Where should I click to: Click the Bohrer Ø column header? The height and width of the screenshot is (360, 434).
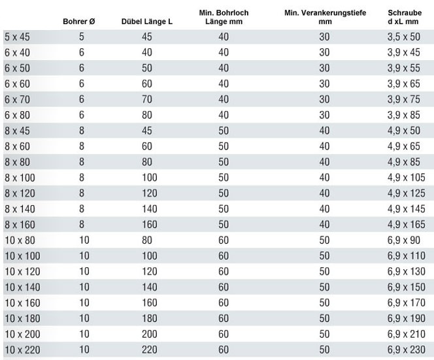(79, 22)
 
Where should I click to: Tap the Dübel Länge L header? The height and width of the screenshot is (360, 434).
(146, 22)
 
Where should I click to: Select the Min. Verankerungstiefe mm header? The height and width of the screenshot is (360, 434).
(325, 17)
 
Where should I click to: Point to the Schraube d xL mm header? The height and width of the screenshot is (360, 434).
(405, 17)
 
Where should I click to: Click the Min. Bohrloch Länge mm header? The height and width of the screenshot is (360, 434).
(224, 17)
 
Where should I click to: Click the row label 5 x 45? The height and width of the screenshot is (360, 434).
(17, 37)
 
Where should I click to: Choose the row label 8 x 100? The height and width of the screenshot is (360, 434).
(20, 178)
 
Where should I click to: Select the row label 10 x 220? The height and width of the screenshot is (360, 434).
(22, 350)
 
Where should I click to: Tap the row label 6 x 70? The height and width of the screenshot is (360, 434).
(17, 99)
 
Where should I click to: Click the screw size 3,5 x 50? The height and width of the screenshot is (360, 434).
(404, 37)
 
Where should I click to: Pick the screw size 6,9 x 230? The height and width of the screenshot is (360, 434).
(407, 350)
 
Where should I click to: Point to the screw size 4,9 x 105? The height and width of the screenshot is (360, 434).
(407, 178)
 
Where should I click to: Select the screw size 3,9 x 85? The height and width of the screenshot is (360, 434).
(404, 115)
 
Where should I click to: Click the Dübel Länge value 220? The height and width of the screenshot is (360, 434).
(150, 350)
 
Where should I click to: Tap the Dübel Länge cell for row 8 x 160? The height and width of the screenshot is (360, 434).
(150, 224)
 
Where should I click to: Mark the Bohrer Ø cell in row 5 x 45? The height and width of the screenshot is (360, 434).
(81, 37)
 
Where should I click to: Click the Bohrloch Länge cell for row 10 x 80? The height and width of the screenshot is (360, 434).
(224, 240)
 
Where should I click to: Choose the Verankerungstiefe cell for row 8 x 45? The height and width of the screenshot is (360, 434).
(324, 131)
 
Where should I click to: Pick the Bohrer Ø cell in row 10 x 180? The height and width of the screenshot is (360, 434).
(84, 318)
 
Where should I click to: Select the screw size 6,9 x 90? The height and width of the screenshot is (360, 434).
(404, 240)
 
